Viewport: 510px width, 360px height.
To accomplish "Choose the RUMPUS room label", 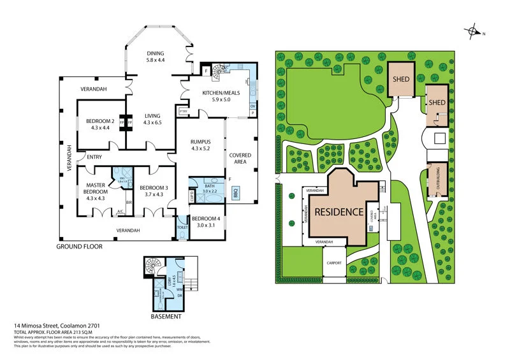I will (200, 144).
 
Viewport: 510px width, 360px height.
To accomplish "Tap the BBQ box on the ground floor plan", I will (235, 192).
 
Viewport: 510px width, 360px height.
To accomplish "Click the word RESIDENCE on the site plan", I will (338, 212).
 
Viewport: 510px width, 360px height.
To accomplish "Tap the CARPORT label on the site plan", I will (334, 263).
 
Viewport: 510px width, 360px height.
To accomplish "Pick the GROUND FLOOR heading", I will (79, 246).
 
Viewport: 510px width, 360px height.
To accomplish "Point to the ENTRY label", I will (94, 157).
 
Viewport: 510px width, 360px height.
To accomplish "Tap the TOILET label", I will (182, 227).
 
